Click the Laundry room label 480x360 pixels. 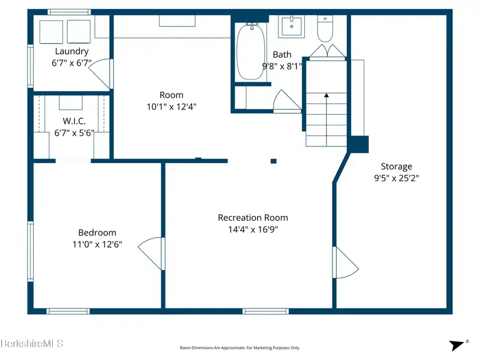71,51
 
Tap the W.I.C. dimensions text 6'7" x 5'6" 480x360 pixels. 74,133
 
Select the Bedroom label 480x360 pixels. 97,233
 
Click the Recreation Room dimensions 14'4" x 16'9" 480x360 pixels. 253,229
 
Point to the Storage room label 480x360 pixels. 397,167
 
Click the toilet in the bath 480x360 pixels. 325,28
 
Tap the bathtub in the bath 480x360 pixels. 251,52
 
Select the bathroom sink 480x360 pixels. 292,27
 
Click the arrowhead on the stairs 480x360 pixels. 326,95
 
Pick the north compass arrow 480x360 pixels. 457,345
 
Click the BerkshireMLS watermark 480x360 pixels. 32,343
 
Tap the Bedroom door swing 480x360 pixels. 151,254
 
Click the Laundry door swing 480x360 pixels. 100,74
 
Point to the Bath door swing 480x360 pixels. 287,101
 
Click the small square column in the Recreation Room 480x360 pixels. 274,161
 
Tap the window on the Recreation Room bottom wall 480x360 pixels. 266,311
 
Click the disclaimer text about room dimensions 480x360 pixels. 239,348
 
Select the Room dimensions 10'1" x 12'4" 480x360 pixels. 172,107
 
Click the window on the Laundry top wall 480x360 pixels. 69,12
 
